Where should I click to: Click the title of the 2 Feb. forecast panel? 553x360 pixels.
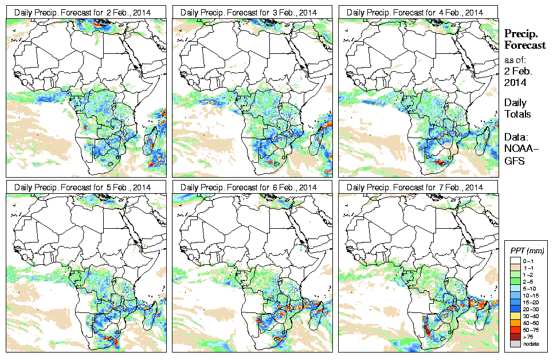pos(85,12)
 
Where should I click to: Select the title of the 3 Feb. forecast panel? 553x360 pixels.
pos(252,12)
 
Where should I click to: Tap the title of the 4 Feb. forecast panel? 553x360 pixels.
pos(418,12)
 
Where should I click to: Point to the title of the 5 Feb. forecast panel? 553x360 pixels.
pos(85,187)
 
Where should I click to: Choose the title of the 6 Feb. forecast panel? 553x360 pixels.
pos(252,187)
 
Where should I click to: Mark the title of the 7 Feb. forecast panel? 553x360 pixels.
pos(418,187)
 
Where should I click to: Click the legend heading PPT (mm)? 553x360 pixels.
pos(527,251)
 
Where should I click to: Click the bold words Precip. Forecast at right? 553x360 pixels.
pos(524,40)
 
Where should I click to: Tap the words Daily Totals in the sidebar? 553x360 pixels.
pos(517,108)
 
